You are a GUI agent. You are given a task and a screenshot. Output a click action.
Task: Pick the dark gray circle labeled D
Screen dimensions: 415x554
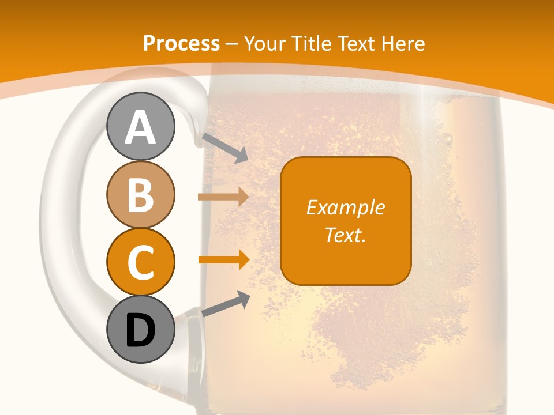pos(141,330)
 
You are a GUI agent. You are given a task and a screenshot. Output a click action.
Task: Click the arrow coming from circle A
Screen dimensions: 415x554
pos(225,148)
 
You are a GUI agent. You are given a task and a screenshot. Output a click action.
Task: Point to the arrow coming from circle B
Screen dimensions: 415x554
pos(223,197)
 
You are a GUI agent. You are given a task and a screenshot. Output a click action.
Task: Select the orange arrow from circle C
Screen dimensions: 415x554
pos(223,260)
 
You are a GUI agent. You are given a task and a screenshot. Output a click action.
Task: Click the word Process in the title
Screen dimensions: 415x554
pos(181,44)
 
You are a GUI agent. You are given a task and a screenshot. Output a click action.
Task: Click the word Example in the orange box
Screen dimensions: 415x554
pos(345,207)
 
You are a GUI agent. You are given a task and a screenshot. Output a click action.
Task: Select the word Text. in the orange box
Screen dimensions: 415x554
pos(345,235)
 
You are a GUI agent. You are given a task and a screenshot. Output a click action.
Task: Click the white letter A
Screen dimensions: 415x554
pos(141,128)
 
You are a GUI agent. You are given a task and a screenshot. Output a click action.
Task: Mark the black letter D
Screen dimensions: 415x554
pos(141,331)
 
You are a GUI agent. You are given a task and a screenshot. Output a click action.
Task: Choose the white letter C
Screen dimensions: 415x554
pos(141,263)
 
